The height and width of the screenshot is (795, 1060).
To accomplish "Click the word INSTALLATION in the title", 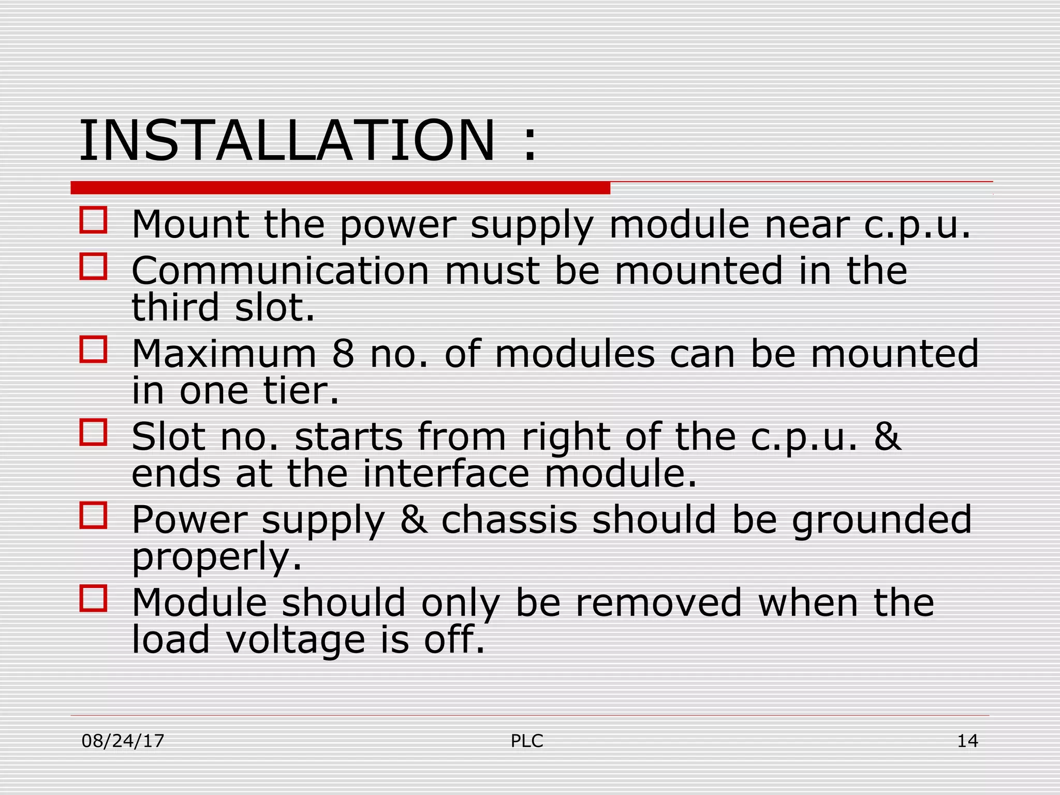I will point(287,141).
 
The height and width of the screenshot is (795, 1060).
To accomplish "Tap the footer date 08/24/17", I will point(123,741).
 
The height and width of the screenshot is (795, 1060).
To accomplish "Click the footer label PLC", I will point(527,741).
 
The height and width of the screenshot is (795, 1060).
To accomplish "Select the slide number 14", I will point(967,741).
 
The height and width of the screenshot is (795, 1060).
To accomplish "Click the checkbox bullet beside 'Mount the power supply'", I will point(94,220).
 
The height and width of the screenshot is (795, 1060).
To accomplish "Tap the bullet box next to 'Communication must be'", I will point(94,267).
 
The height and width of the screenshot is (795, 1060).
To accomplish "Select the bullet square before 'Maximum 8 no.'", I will point(94,349).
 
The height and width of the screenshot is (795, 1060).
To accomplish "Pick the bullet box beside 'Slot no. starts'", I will point(94,432).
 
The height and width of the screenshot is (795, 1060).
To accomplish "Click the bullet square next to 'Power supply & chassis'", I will point(94,515).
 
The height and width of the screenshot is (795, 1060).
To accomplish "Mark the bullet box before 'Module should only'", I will point(94,598).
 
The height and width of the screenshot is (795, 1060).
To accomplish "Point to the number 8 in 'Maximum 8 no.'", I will point(343,354).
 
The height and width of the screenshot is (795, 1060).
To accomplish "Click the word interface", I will point(446,473).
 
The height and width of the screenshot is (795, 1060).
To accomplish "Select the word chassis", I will point(509,520).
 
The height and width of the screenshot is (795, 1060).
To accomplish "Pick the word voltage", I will point(296,640).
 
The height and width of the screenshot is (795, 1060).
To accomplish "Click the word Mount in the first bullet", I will point(190,225).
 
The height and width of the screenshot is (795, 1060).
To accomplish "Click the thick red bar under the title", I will point(340,187).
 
